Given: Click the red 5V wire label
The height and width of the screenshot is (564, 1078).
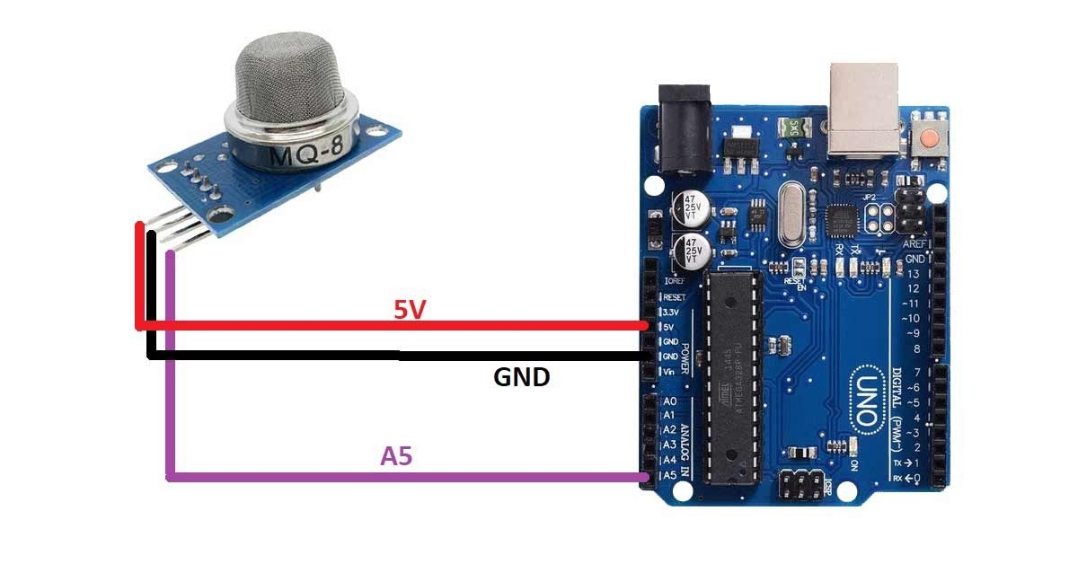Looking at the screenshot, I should click(410, 310).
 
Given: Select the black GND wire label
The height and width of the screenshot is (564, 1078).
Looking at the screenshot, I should click(521, 376).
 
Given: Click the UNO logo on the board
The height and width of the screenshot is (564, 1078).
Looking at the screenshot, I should click(867, 396).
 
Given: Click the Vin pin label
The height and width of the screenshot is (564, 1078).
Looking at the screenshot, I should click(669, 370).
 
